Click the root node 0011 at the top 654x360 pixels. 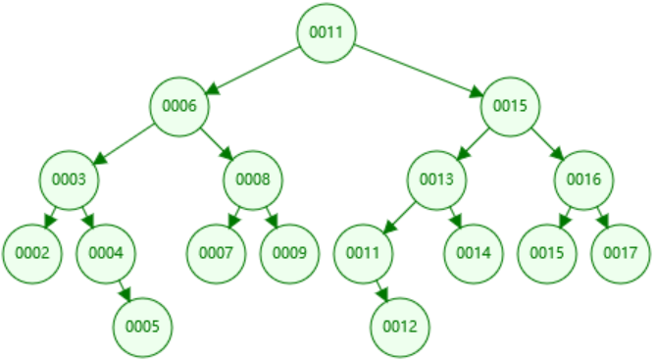point(327,32)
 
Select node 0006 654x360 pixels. point(179,106)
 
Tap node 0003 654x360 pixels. point(70,180)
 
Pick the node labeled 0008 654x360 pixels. point(253,180)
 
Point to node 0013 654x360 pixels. point(436,180)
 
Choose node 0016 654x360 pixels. point(583,180)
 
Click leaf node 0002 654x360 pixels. point(32,252)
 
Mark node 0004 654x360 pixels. point(106,252)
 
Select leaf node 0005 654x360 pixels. point(143,325)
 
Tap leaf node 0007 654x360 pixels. point(217,252)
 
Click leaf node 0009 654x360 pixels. point(289,252)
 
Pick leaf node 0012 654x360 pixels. point(399,325)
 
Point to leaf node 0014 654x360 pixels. point(473,252)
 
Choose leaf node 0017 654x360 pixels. point(620,252)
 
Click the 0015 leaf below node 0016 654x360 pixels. point(546,252)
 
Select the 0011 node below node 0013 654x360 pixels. point(363,252)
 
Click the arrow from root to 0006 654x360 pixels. point(253,70)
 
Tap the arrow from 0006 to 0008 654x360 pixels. point(217,143)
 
